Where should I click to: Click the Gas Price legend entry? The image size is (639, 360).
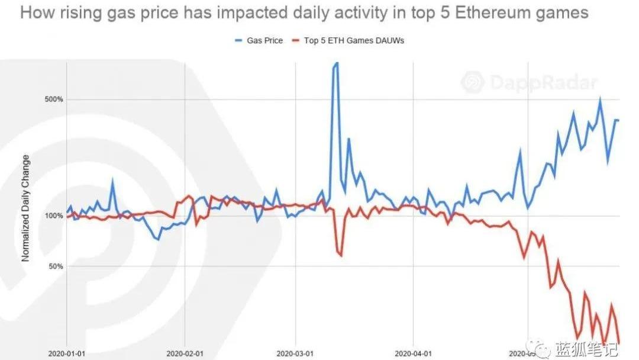tap(261, 41)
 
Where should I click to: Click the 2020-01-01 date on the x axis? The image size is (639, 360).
tap(67, 353)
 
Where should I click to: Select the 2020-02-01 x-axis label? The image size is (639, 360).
tap(186, 353)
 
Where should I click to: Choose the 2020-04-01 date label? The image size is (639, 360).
tap(413, 353)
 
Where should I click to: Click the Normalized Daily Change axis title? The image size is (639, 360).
tap(25, 208)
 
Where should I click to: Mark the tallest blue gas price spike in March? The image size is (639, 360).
tap(335, 63)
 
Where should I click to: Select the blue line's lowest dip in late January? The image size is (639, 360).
tap(157, 239)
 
